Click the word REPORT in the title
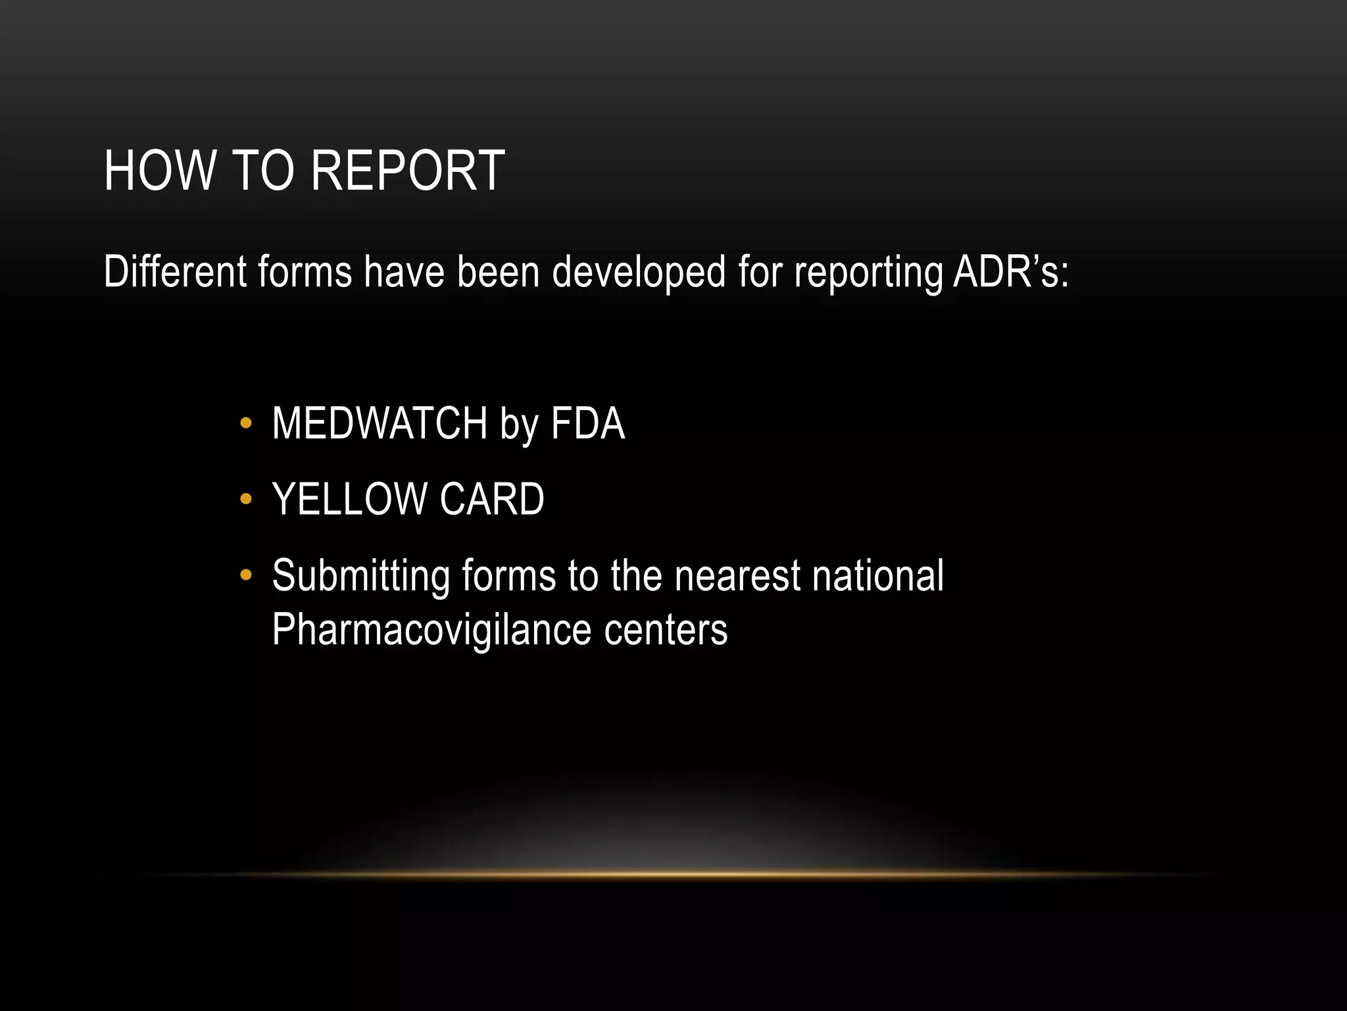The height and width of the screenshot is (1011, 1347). [x=407, y=171]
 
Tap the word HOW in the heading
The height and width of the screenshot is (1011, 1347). [x=160, y=171]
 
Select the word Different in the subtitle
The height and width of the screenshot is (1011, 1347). [x=175, y=271]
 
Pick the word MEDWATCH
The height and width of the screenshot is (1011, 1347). [x=380, y=423]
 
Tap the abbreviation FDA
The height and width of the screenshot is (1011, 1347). [x=587, y=423]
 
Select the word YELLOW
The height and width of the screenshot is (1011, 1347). [x=349, y=499]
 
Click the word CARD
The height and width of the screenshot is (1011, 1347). [x=491, y=499]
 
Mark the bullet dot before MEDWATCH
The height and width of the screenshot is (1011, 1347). [x=246, y=423]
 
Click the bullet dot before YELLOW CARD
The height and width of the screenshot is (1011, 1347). [x=246, y=499]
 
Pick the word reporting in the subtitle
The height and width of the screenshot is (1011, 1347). [x=868, y=272]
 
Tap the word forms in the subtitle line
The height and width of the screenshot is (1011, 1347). [x=305, y=271]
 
